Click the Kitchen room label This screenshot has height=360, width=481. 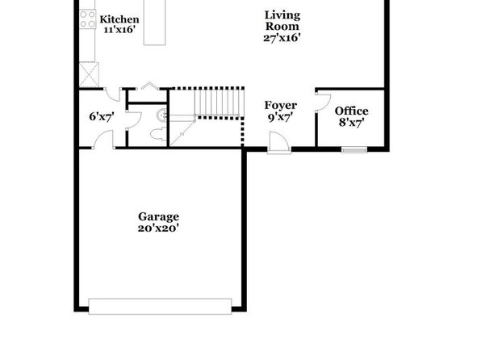119,19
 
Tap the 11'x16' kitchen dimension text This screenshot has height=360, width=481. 119,30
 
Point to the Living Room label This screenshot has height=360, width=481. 282,20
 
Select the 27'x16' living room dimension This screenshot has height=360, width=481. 282,38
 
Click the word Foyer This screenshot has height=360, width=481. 281,105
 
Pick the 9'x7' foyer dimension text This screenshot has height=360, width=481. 280,117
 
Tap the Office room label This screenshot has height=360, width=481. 352,111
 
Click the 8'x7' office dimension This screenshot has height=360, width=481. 352,123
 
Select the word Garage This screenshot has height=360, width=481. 159,216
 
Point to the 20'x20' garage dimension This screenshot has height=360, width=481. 158,228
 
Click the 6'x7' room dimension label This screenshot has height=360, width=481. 102,116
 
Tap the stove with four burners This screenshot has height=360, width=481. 87,19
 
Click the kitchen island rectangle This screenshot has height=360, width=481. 155,23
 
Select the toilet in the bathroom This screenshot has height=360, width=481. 158,135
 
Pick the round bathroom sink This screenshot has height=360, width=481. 161,115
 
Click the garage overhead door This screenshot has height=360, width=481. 160,306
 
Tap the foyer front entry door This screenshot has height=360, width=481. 279,142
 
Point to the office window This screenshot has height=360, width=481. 354,150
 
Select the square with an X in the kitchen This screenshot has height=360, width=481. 90,74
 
